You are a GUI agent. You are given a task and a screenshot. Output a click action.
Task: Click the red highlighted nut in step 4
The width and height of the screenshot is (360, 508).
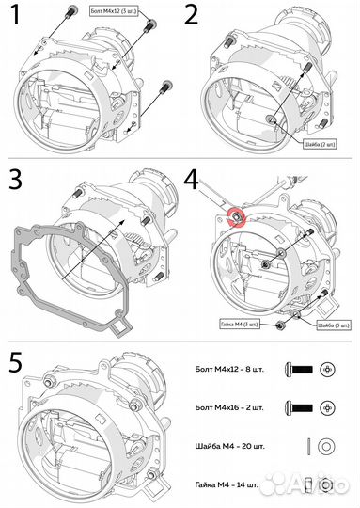pos(237,217)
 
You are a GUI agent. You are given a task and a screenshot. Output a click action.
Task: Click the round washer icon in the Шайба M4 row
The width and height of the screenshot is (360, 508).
pos(326,446)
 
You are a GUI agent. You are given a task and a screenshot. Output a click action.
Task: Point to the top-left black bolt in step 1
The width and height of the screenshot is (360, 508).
pos(71,10)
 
